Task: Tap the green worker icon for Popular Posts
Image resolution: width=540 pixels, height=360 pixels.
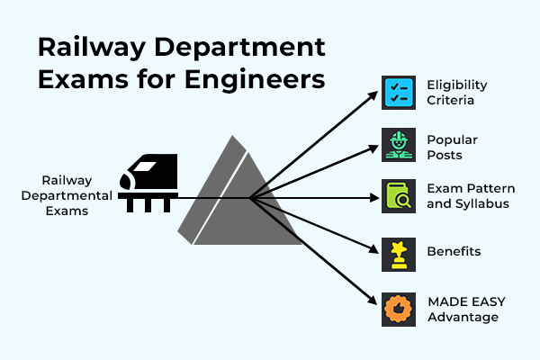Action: point(397,146)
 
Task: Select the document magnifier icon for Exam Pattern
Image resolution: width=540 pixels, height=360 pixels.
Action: point(397,196)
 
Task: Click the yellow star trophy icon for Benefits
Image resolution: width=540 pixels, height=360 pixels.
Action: point(397,254)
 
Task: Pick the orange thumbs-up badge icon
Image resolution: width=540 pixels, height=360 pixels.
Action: point(397,309)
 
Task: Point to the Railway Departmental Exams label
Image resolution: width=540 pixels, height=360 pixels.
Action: point(76,196)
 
